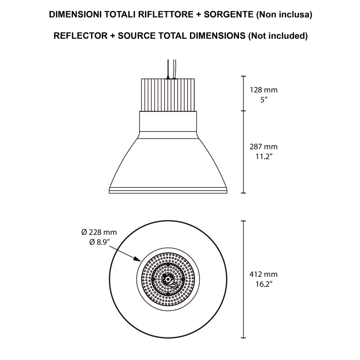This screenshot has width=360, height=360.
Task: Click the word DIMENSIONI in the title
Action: click(x=75, y=15)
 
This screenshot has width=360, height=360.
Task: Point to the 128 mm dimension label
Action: click(x=264, y=90)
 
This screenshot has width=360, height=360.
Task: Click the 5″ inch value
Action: click(x=264, y=99)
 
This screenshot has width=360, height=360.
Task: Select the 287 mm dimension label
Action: click(x=264, y=147)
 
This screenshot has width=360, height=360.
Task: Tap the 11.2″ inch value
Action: click(x=264, y=157)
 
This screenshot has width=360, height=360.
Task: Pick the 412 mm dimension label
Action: click(x=264, y=274)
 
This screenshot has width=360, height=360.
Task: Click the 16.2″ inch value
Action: click(x=264, y=284)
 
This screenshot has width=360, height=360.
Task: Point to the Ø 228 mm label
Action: click(x=99, y=232)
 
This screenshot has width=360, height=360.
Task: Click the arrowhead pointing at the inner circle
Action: click(x=137, y=259)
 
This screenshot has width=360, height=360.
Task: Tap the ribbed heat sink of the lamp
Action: click(x=168, y=94)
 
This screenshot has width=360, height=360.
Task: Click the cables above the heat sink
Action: click(x=170, y=67)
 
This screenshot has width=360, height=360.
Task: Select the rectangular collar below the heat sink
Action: click(x=168, y=122)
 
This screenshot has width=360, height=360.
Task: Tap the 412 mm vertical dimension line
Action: click(x=243, y=279)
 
